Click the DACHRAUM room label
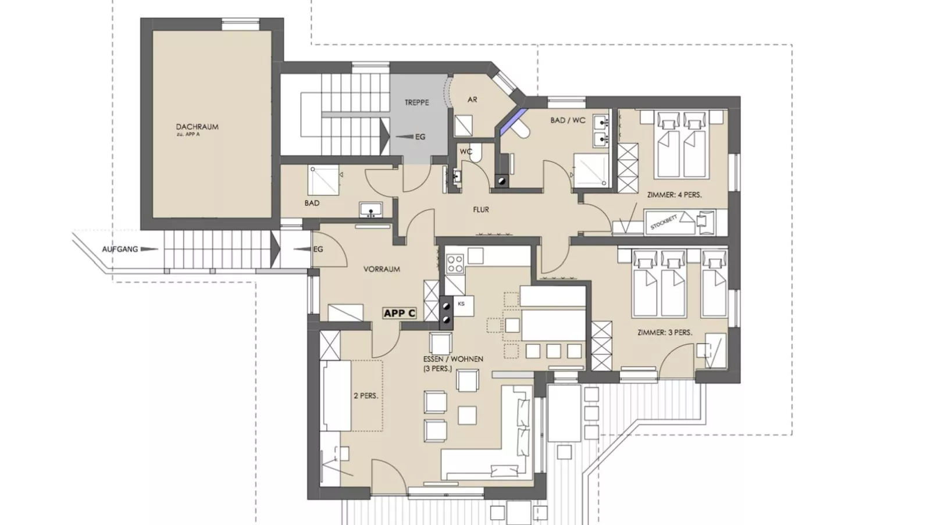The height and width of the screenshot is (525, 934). point(197,127)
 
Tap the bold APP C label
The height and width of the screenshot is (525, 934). point(400,313)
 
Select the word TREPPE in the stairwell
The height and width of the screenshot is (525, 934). point(416,102)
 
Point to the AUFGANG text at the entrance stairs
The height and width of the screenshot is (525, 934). point(120,249)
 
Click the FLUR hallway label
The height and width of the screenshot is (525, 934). point(481,210)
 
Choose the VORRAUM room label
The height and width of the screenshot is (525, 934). point(382,269)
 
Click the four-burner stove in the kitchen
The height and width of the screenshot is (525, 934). point(455,263)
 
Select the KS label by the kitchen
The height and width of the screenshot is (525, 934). point(461,303)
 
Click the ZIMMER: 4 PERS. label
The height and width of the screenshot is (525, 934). point(674,195)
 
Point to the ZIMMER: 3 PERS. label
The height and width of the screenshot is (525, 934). point(665,333)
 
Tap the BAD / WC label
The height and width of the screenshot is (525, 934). point(568,120)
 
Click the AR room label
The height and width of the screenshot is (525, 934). point(472,99)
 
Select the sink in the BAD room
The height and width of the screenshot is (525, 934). point(370,210)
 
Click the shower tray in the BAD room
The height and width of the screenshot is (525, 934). point(323,180)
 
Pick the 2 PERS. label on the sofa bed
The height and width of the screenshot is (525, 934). point(366,396)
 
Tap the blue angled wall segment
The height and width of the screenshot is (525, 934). point(514,122)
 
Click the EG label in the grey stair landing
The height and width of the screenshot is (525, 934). point(420,137)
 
